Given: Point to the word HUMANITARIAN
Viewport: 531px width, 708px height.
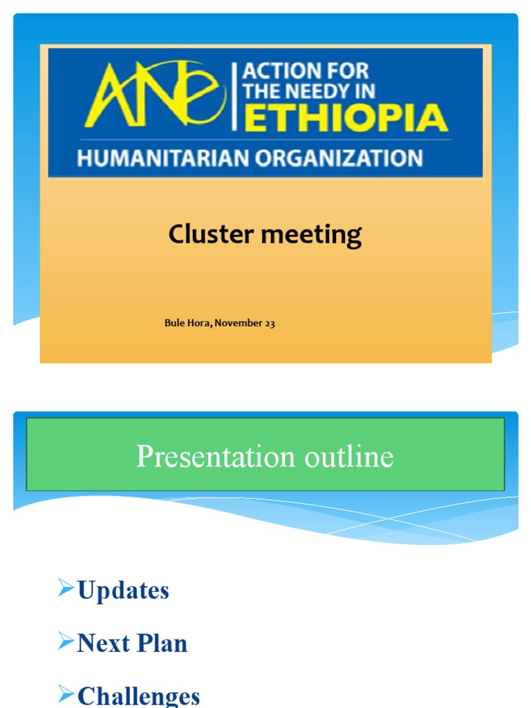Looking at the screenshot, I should (x=163, y=158).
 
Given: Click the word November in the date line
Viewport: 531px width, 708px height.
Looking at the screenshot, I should (x=239, y=323).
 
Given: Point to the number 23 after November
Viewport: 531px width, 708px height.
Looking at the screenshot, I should (x=270, y=323).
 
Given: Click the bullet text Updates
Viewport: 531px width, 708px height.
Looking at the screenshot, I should (x=123, y=590).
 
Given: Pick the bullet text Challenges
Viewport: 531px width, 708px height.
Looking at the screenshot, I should (x=138, y=695).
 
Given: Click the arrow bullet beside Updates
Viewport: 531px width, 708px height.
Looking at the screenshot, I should (x=66, y=589).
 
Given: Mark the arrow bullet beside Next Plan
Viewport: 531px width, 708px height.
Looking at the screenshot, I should (x=66, y=642).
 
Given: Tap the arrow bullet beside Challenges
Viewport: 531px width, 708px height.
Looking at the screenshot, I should (x=66, y=693).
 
